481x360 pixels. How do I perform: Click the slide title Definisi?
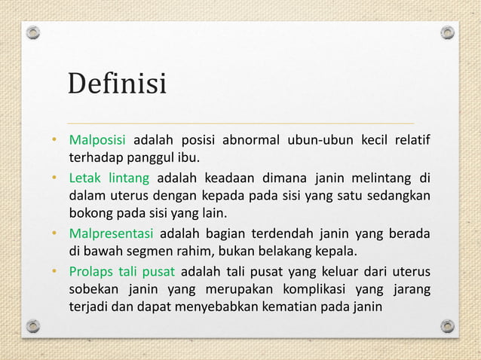click(x=117, y=83)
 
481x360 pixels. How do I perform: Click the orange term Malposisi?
click(x=98, y=141)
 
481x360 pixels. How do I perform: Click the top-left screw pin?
click(x=33, y=33)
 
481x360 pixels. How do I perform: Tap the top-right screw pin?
click(x=447, y=33)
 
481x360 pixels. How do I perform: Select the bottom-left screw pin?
click(x=33, y=326)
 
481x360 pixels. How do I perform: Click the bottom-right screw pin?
click(x=447, y=326)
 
